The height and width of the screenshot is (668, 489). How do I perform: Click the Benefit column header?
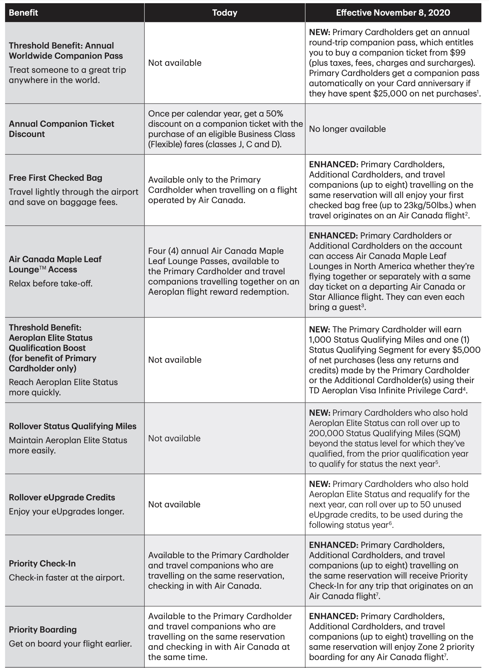tap(23, 13)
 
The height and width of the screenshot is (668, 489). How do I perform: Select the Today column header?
tap(225, 13)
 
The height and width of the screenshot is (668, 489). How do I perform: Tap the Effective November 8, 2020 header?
tap(393, 13)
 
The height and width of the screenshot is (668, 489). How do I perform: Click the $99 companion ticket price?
tap(458, 53)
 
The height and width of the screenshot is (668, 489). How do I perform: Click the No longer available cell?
tap(347, 129)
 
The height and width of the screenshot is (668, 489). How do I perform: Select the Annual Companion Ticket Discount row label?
tap(61, 129)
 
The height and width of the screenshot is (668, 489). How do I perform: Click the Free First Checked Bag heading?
tap(56, 178)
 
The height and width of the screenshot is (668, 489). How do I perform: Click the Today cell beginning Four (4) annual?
tap(223, 271)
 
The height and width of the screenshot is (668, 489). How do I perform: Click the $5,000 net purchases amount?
tap(466, 350)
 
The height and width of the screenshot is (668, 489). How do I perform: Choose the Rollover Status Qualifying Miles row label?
tap(72, 426)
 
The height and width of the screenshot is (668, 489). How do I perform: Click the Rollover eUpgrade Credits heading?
tap(62, 497)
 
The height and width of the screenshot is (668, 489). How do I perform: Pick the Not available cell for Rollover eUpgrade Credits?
tap(174, 505)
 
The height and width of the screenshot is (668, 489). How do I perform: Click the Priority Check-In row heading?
tap(42, 564)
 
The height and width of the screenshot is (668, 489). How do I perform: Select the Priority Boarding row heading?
tap(43, 630)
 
